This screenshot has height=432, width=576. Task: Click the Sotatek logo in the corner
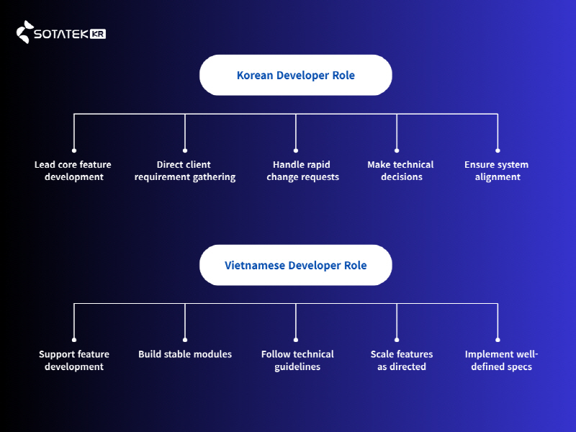click(60, 33)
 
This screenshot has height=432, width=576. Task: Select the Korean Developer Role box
click(295, 75)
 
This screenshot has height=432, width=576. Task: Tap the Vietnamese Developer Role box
click(295, 265)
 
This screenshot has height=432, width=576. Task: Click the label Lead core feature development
click(73, 171)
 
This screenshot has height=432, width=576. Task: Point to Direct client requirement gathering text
click(184, 171)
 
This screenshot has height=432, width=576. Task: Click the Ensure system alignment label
click(497, 171)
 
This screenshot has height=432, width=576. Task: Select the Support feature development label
click(74, 360)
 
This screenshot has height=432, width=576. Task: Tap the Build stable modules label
click(185, 354)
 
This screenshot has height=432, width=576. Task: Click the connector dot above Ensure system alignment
click(498, 150)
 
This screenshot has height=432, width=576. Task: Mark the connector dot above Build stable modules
click(185, 339)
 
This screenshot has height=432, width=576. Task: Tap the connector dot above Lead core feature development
click(74, 150)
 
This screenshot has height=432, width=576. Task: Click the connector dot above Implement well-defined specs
click(498, 339)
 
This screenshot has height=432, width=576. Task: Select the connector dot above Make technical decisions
click(397, 150)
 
